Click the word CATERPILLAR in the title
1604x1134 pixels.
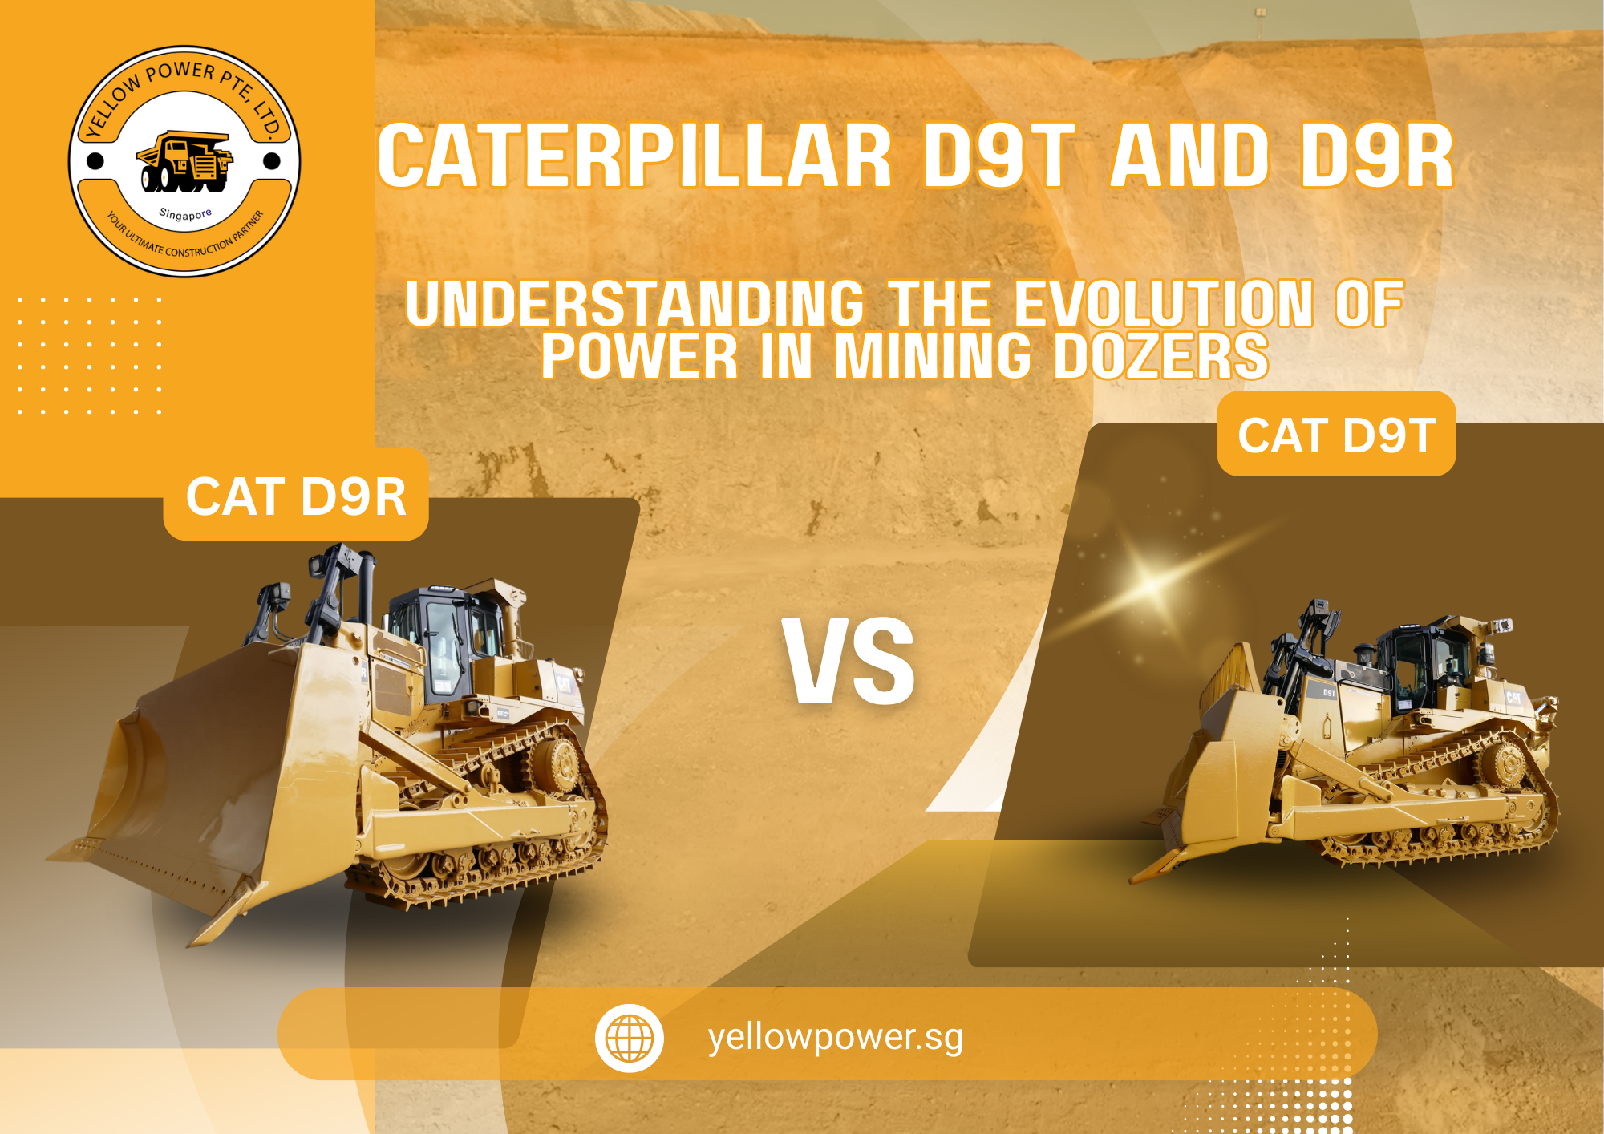[634, 156]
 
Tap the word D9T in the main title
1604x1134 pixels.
[998, 156]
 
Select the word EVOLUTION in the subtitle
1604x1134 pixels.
[1164, 304]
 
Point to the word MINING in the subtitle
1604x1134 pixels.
[933, 356]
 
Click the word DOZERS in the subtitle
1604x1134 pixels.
[1160, 356]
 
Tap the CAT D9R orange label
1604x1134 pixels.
[296, 496]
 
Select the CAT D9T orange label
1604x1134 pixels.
[1336, 435]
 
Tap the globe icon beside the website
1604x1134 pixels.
[630, 1038]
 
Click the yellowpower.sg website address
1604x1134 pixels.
[836, 1037]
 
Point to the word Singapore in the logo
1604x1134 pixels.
[185, 214]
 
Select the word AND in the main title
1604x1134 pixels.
[1190, 156]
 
